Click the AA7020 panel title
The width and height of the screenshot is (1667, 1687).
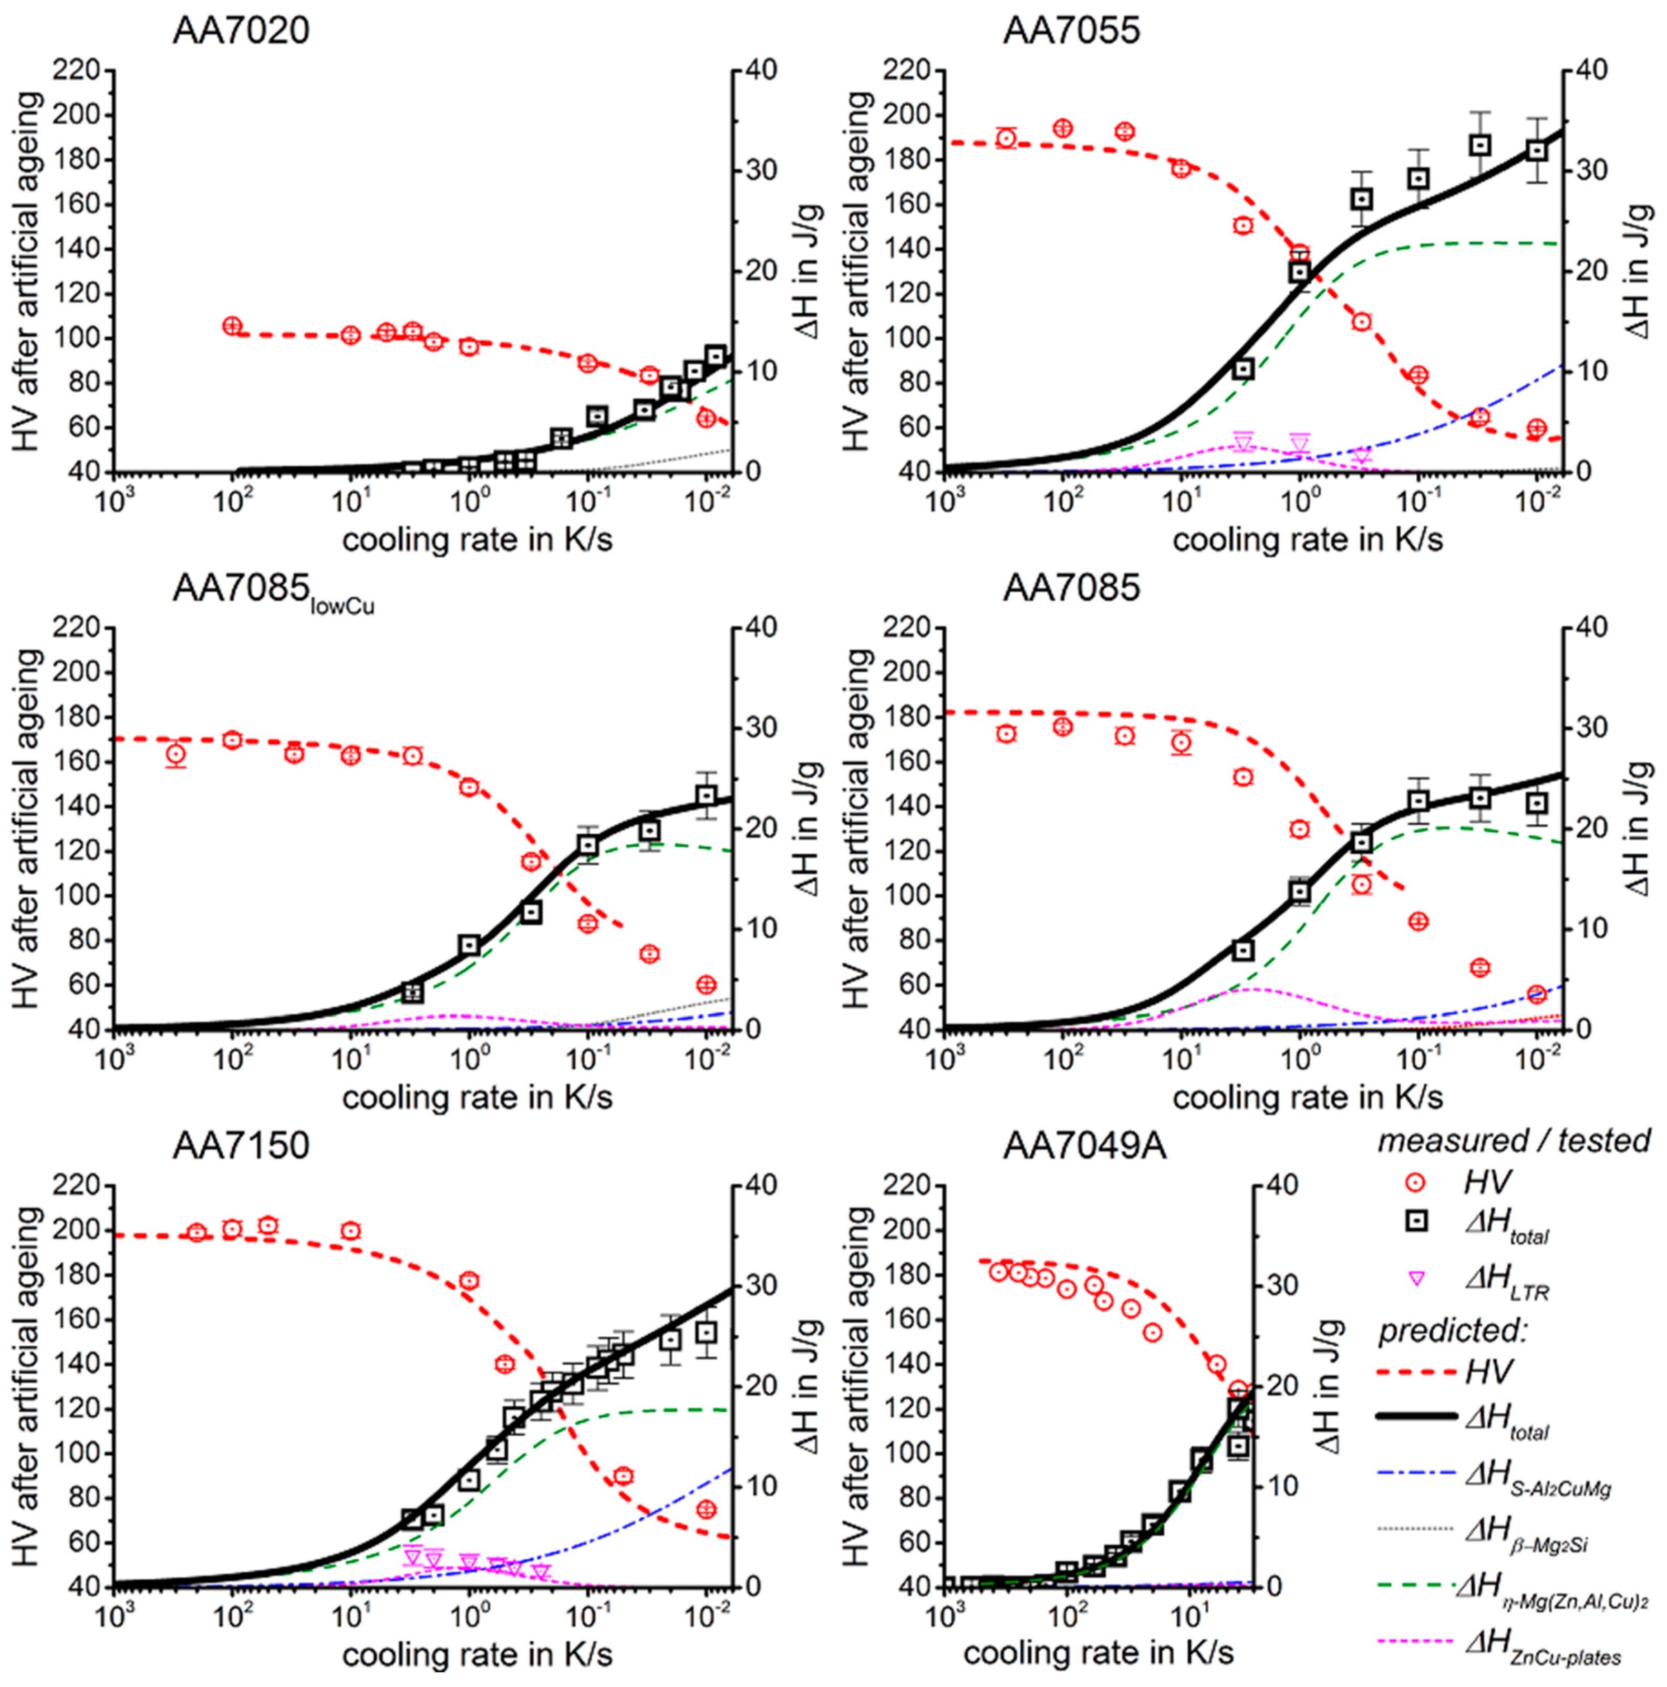click(x=241, y=32)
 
